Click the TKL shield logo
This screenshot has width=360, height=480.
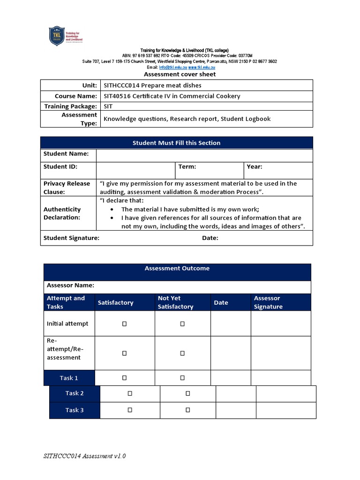click(x=57, y=36)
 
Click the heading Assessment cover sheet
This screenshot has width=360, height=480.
click(x=180, y=74)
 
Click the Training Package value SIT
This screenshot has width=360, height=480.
click(x=108, y=106)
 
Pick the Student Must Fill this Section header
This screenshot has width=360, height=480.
click(x=176, y=143)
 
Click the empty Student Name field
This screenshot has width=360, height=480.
click(x=204, y=155)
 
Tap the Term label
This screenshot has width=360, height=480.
click(x=187, y=166)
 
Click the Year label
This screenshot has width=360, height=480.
click(x=254, y=166)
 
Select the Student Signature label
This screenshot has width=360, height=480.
click(x=71, y=238)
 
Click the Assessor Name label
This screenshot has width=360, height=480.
click(x=70, y=285)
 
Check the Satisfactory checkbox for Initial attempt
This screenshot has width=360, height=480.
click(x=125, y=324)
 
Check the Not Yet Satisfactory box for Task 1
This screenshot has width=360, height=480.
click(x=182, y=378)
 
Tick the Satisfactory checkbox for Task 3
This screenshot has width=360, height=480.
click(x=130, y=410)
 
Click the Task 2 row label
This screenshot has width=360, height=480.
click(x=75, y=393)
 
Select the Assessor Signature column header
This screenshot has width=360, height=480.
click(x=268, y=302)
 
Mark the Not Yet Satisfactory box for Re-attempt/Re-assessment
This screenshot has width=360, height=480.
click(x=182, y=353)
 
